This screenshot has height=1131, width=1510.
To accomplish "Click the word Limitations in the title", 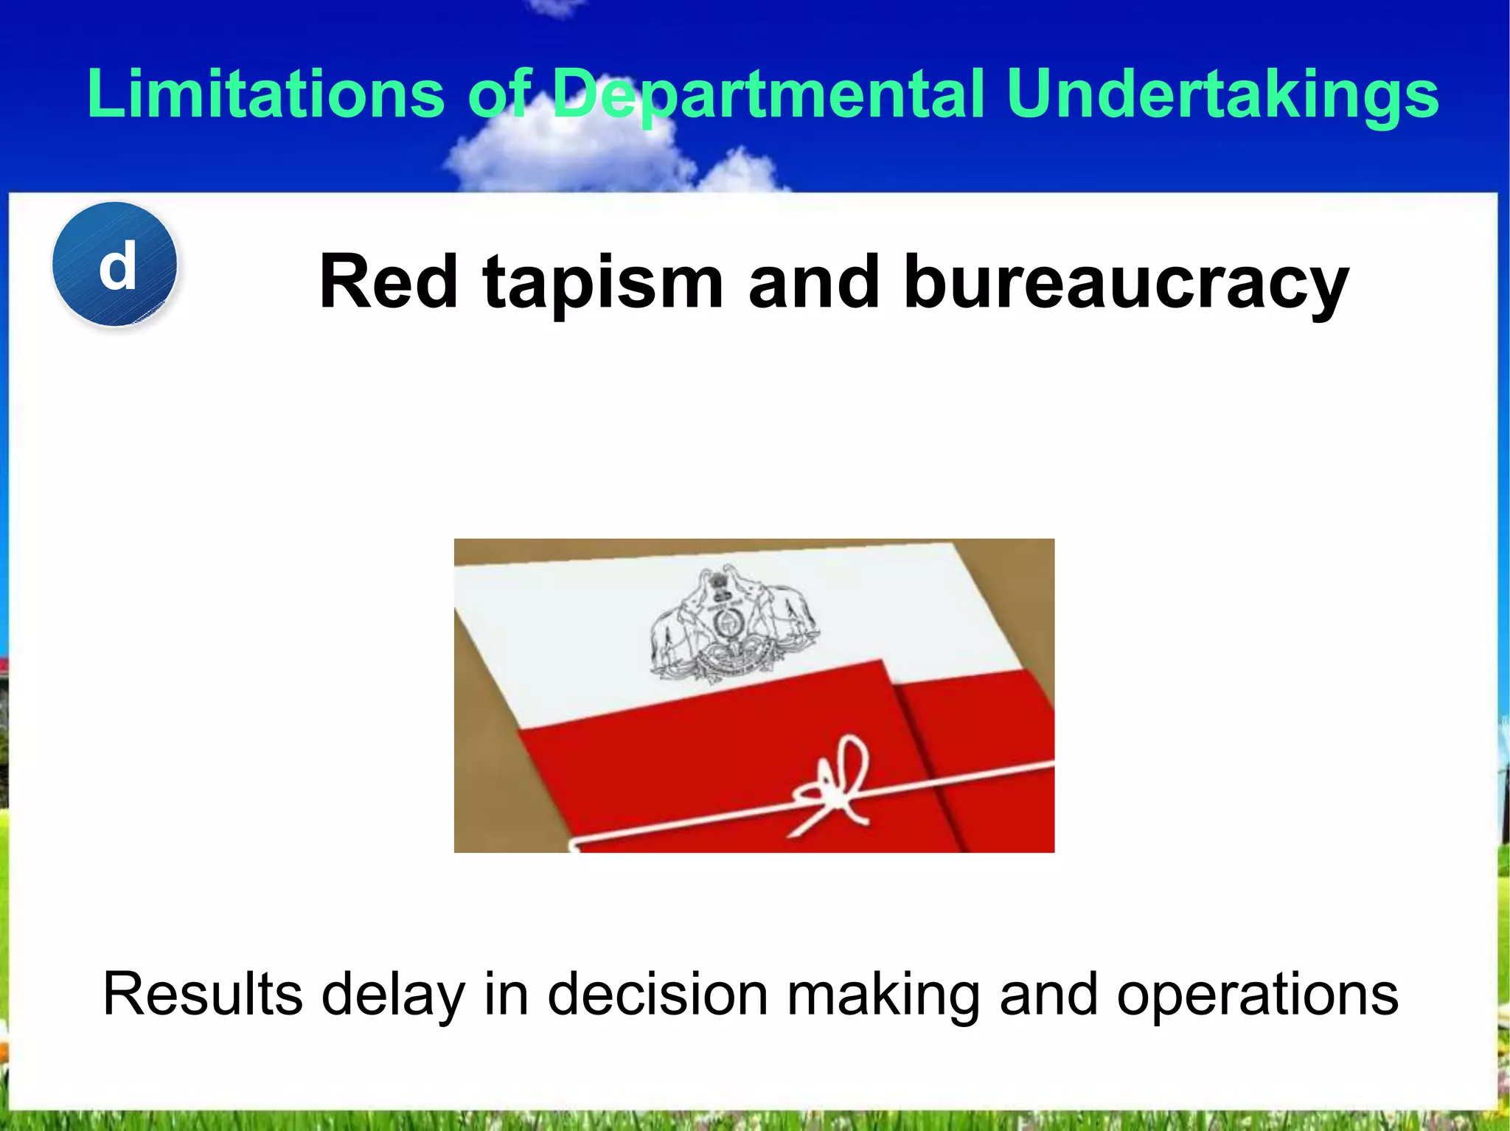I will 265,94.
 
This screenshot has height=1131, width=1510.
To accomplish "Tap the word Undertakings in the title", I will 1222,94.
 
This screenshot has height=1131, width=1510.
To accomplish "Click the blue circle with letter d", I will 115,265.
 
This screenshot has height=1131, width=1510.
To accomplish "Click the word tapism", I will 602,284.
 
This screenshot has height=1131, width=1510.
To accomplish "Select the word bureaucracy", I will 1126,284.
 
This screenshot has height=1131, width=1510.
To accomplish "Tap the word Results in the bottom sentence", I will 203,994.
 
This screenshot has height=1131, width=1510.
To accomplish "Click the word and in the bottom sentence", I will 1047,994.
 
